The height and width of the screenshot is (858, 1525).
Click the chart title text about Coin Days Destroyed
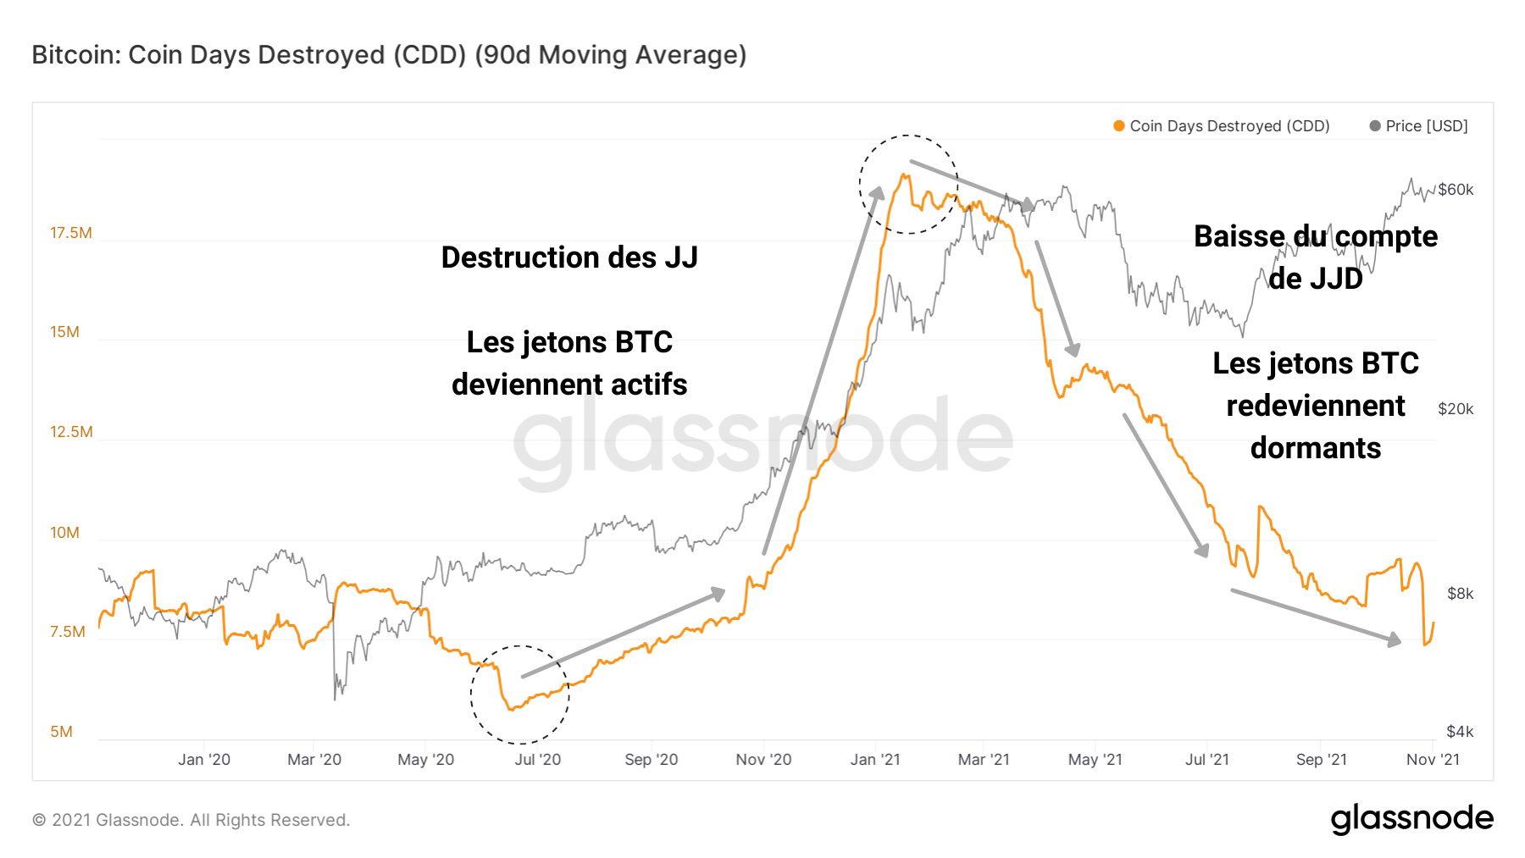point(389,55)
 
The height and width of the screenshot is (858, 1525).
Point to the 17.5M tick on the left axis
point(70,233)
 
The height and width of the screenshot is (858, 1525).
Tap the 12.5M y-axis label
point(70,432)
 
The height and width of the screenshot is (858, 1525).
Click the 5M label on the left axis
point(61,732)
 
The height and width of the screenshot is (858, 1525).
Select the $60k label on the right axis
point(1456,190)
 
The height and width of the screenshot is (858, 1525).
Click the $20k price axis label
point(1456,409)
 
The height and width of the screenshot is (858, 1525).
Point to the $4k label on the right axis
point(1460,732)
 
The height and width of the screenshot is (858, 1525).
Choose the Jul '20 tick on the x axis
point(537,760)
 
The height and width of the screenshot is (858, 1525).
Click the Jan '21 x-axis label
point(875,760)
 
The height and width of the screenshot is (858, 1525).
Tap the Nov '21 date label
point(1433,760)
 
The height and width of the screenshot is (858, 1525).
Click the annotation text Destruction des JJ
point(569,257)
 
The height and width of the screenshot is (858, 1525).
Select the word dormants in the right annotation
point(1315,448)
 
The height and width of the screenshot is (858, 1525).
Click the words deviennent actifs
point(569,385)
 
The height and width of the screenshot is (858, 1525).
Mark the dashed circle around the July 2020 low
point(520,695)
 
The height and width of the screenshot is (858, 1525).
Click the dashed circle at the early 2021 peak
point(908,184)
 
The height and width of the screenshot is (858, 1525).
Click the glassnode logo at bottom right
point(1411,819)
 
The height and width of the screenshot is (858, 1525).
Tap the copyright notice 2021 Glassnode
point(191,820)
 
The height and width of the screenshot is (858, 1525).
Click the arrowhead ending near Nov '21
point(1394,640)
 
